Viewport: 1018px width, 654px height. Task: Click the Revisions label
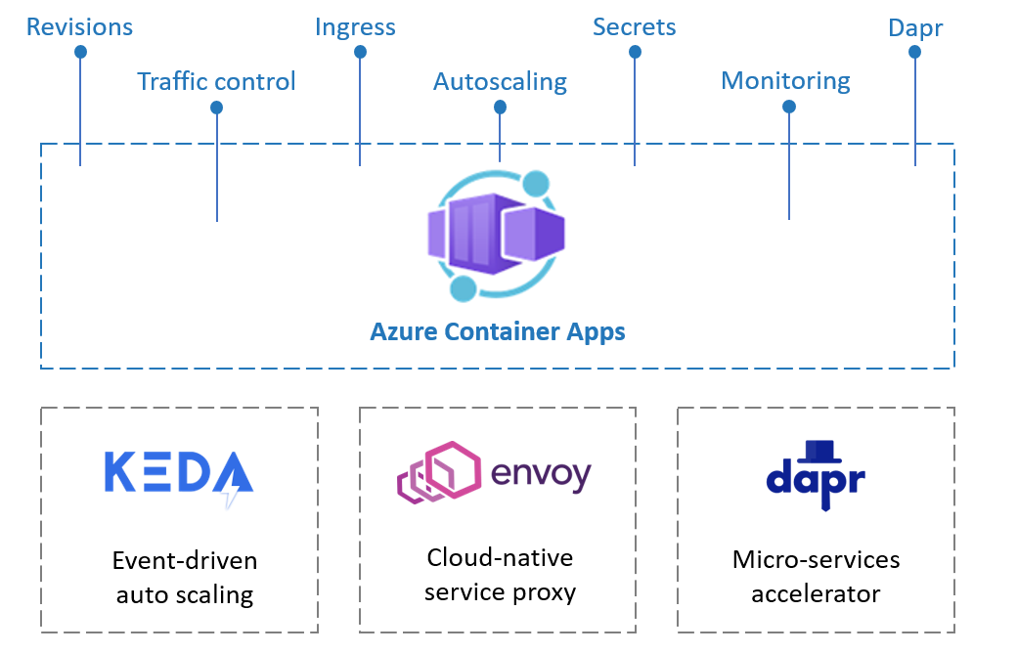point(79,26)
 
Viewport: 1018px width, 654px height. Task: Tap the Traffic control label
point(216,81)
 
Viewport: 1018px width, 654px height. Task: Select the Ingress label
point(355,26)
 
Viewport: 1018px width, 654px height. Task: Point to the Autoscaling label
point(500,81)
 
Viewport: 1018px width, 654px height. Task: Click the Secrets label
point(634,26)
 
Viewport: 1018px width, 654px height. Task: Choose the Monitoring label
point(785,81)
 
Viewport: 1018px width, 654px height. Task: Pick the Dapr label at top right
point(915,27)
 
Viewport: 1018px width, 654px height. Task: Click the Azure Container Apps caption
point(497,331)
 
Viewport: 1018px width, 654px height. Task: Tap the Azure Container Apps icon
point(500,235)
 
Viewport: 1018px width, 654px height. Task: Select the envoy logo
point(494,472)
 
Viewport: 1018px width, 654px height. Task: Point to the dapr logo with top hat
point(816,473)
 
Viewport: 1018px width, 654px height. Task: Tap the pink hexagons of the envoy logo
point(438,473)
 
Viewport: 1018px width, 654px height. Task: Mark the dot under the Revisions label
point(80,52)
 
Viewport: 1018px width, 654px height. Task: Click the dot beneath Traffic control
point(216,107)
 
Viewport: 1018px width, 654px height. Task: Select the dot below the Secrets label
point(635,52)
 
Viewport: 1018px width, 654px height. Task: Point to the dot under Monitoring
point(788,107)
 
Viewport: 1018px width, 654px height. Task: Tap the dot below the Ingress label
point(359,52)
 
